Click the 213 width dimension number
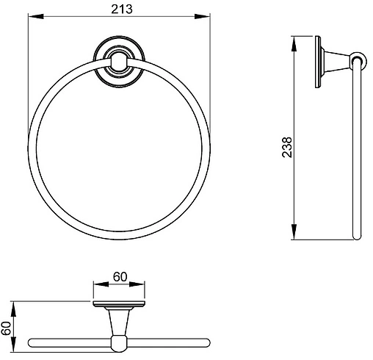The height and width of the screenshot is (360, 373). pos(122,10)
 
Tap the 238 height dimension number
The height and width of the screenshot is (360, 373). pos(287,147)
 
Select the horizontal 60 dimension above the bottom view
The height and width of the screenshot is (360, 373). pos(120,277)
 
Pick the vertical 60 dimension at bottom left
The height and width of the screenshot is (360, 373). pos(6,328)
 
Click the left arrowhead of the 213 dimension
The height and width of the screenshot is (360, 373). pos(36,16)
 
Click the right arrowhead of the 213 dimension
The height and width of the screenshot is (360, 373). pos(203,16)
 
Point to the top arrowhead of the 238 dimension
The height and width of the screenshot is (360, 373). pos(294,44)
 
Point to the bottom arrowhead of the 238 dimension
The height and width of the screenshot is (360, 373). pos(294,231)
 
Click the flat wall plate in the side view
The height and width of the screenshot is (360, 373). pos(318,62)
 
